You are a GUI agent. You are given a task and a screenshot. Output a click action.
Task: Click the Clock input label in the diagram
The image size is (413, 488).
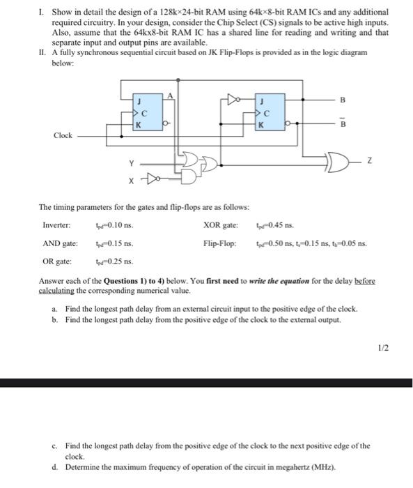(x=62, y=135)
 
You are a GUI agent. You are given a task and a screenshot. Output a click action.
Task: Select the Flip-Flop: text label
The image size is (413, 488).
(x=219, y=244)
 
